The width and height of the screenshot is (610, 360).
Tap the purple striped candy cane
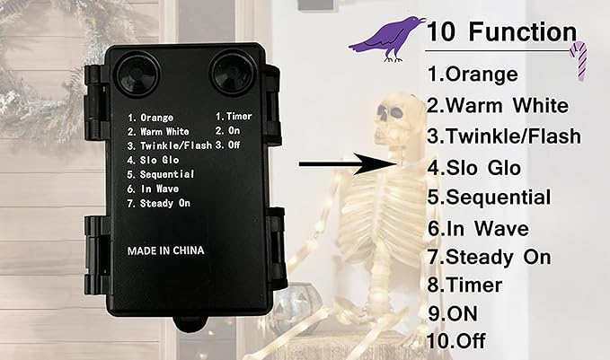pos(579,60)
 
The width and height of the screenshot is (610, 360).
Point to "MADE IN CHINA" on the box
pos(165,250)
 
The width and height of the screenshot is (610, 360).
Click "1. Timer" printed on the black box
pos(234,116)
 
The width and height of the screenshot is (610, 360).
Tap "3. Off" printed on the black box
pos(227,145)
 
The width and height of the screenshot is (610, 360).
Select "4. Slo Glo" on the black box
pos(153,160)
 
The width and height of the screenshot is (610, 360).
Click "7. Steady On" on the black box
pos(159,203)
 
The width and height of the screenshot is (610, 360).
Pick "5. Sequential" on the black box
pos(161,174)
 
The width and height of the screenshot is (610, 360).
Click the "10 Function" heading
pos(501,31)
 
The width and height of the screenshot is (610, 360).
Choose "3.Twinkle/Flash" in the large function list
pos(504,136)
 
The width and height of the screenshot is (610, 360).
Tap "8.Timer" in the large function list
pos(464,285)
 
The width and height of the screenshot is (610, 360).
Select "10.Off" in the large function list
pos(456,341)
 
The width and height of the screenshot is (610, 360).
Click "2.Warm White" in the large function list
pos(498,105)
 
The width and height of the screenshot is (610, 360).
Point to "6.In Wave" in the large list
pos(478,228)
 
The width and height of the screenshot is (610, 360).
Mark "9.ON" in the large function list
pos(453,313)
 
